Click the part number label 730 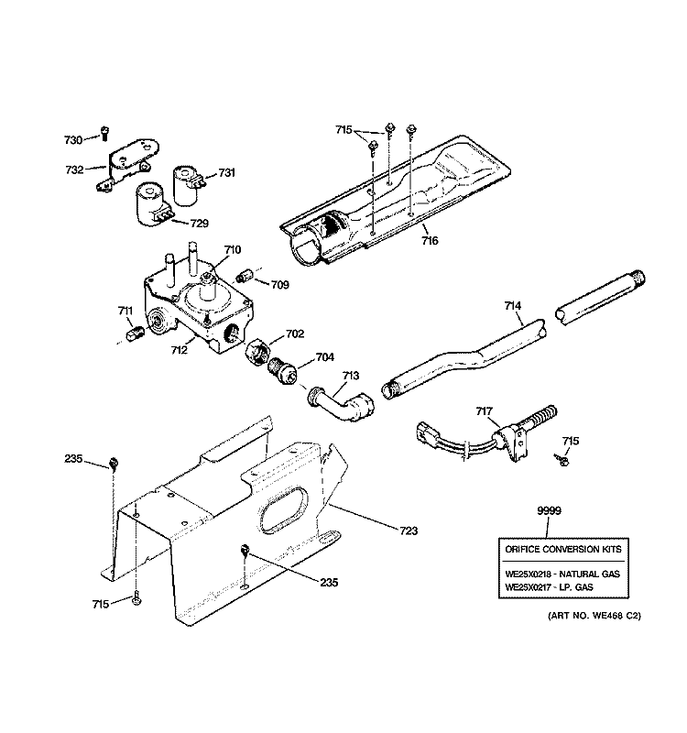(x=73, y=139)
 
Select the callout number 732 (x=74, y=170)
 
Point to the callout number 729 (x=200, y=223)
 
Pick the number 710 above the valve (x=232, y=249)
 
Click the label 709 (x=280, y=285)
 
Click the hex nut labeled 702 (x=256, y=350)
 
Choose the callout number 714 (x=513, y=307)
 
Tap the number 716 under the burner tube (x=429, y=240)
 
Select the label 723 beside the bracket (x=408, y=530)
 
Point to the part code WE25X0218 (x=530, y=574)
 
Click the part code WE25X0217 (x=530, y=586)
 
